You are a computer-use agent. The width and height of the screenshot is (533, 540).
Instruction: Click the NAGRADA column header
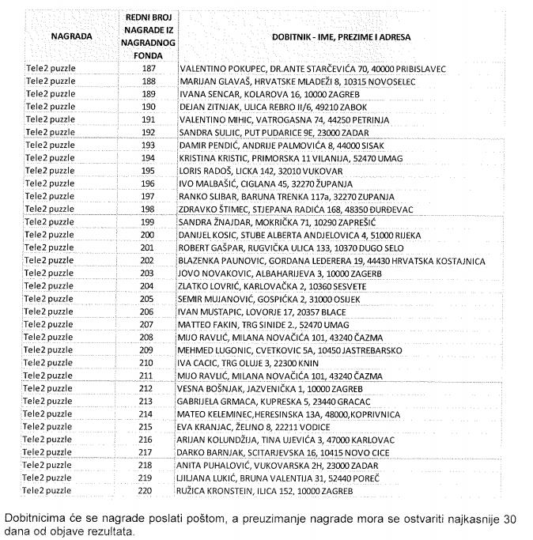point(71,36)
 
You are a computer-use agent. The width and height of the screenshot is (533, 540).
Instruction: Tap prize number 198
point(147,209)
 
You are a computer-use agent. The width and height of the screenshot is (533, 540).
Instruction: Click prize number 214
point(147,413)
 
